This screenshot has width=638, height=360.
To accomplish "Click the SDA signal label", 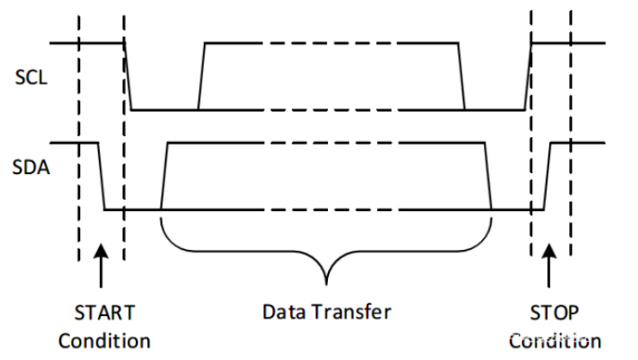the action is [x=31, y=168].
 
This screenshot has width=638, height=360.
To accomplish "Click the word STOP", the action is [x=551, y=311].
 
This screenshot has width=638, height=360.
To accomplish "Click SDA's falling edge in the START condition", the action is [x=102, y=175].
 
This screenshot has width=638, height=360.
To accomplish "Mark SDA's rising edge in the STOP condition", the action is [x=548, y=175].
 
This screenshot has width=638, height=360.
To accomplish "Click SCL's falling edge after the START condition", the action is [x=128, y=76].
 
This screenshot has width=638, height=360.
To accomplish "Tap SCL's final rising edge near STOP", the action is [x=528, y=76].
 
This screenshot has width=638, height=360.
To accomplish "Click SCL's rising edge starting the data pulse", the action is [x=201, y=76].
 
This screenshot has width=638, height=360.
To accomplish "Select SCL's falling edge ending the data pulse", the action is [x=461, y=76].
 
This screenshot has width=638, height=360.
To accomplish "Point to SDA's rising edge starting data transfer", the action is [x=164, y=175].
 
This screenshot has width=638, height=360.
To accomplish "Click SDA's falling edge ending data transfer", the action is [x=488, y=175].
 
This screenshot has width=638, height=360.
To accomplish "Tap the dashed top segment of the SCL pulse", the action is [x=331, y=42].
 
